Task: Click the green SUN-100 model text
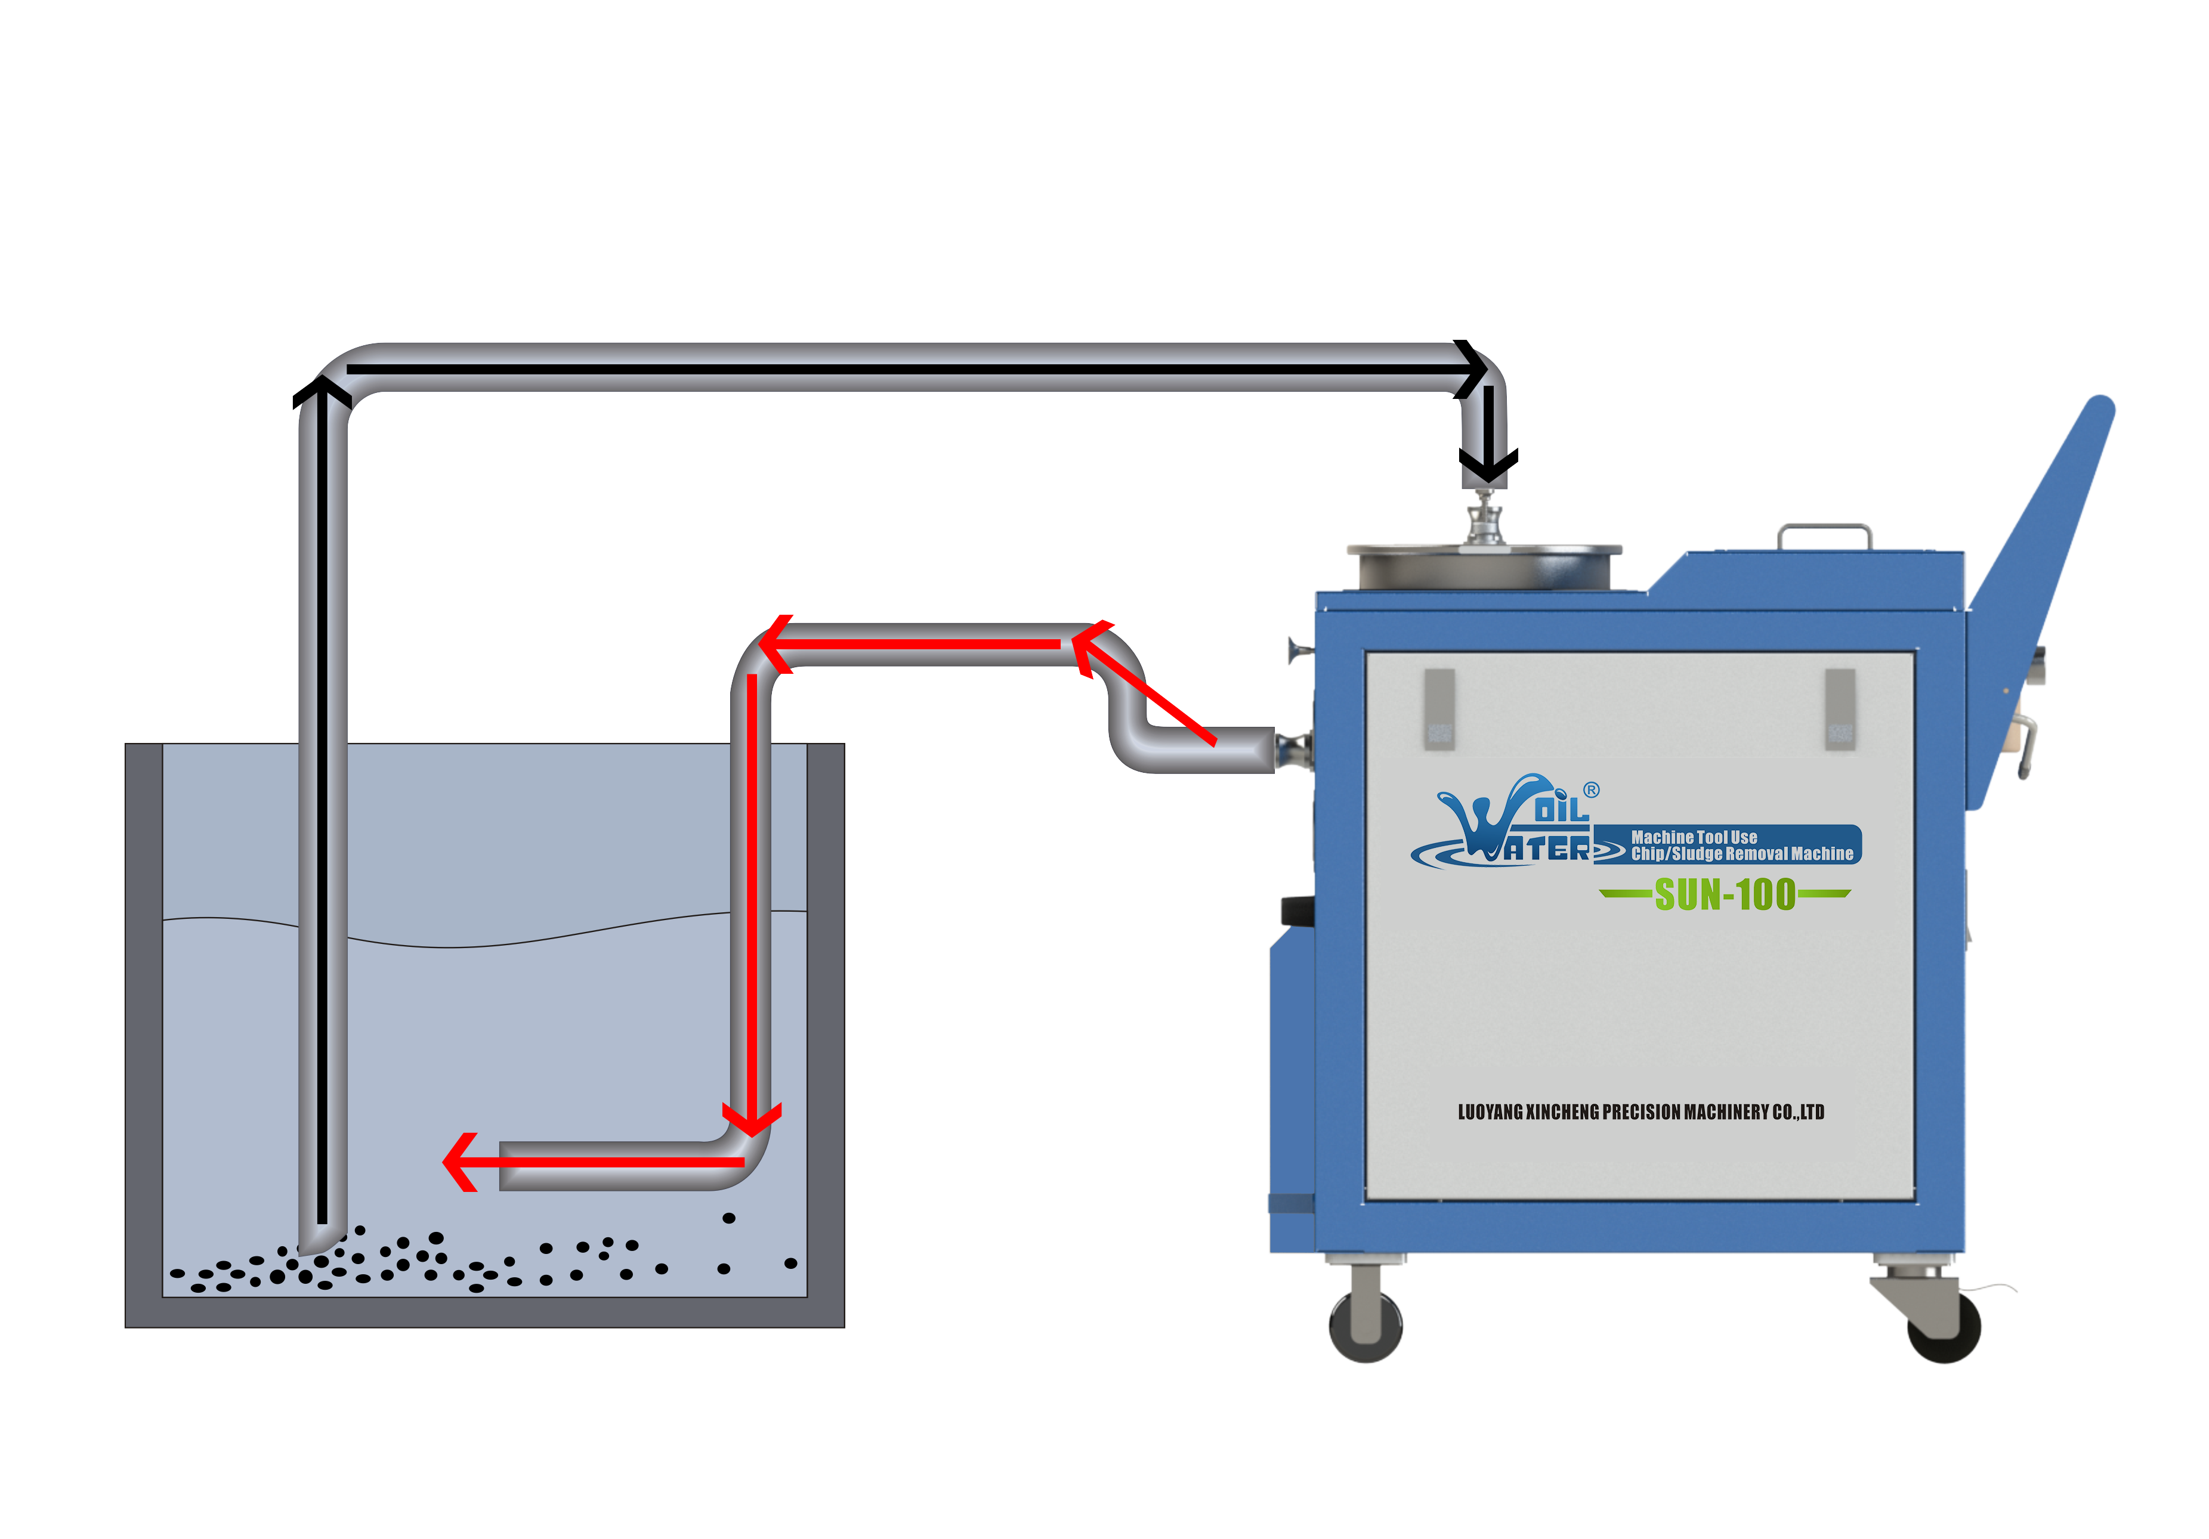tap(1724, 894)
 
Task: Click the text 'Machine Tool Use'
tap(1694, 837)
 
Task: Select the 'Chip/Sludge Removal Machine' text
tap(1741, 853)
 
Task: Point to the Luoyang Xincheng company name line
tap(1640, 1112)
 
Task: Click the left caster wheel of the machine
tap(1365, 1326)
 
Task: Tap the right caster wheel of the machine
tap(1944, 1327)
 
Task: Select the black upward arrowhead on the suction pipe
tap(322, 392)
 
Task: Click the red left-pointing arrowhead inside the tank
tap(460, 1162)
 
